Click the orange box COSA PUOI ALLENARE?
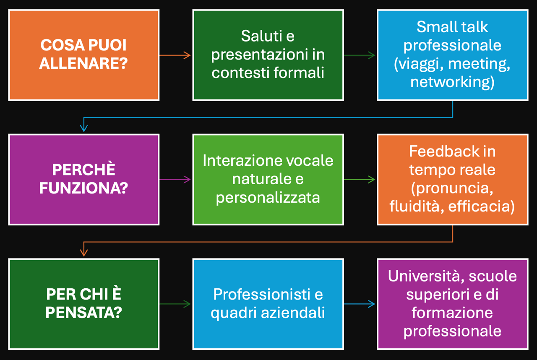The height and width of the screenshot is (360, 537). click(x=83, y=55)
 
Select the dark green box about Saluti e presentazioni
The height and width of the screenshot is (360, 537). click(x=268, y=55)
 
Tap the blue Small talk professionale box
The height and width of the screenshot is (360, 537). click(x=453, y=55)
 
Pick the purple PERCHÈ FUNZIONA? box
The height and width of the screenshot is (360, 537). click(x=83, y=180)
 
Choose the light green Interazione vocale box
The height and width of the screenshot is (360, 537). click(x=268, y=180)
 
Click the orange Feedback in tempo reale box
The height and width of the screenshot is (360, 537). click(x=453, y=180)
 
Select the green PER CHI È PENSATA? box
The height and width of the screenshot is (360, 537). click(x=83, y=304)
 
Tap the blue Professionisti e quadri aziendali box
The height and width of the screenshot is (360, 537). click(x=268, y=304)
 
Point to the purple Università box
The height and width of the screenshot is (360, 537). click(x=453, y=304)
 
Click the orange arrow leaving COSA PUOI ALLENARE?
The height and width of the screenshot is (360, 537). click(x=175, y=55)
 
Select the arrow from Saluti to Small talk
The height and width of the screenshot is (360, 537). click(x=360, y=55)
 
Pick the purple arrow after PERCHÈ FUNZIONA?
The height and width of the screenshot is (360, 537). click(x=175, y=179)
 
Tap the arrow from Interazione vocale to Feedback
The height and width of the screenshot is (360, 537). click(x=360, y=179)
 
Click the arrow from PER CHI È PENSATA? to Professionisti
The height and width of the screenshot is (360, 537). click(x=175, y=304)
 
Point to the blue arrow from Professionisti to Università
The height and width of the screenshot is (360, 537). click(x=360, y=304)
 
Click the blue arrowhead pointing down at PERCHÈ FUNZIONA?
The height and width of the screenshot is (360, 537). click(x=83, y=128)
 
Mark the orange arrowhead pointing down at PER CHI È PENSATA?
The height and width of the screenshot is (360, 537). click(x=83, y=253)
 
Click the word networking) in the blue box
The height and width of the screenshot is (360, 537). click(x=452, y=82)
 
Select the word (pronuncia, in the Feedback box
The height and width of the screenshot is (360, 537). click(x=452, y=188)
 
